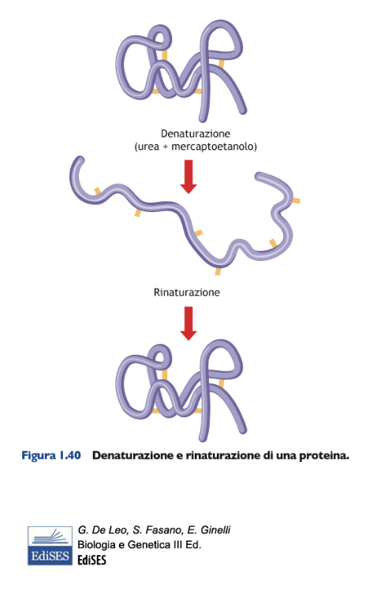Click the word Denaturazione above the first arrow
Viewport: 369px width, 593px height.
coord(196,133)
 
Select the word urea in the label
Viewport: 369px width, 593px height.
coord(148,147)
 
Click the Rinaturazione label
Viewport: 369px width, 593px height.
coord(187,293)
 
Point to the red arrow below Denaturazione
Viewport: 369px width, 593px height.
coord(188,177)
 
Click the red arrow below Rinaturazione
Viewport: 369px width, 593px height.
coord(188,323)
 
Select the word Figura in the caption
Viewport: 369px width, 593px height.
coord(39,455)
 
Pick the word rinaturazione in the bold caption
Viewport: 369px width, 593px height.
coord(223,455)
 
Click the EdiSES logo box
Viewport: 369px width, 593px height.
coord(50,546)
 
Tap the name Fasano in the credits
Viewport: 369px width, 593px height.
coord(162,530)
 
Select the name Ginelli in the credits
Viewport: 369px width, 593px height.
coord(215,530)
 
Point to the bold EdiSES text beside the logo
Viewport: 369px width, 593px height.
coord(92,560)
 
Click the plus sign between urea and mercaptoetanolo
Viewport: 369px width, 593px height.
coord(166,147)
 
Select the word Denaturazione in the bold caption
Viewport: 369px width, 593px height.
coord(132,455)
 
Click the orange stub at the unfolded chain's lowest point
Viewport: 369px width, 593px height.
coord(218,271)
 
